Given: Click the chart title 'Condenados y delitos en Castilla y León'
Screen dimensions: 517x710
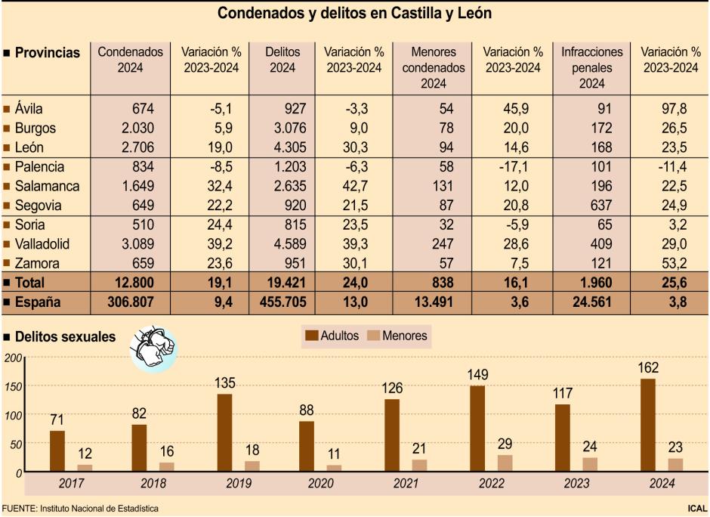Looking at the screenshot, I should pyautogui.click(x=355, y=14).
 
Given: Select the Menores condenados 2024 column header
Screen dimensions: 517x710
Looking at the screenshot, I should pyautogui.click(x=434, y=67).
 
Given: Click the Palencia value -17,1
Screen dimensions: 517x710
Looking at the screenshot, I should pyautogui.click(x=522, y=166).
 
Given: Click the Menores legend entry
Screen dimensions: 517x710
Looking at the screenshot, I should pyautogui.click(x=397, y=336).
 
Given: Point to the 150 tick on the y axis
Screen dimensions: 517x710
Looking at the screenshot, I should pyautogui.click(x=13, y=386).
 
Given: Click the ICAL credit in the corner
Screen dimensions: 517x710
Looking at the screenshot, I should pyautogui.click(x=697, y=509).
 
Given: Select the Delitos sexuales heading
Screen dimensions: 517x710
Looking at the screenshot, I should pyautogui.click(x=65, y=336).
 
